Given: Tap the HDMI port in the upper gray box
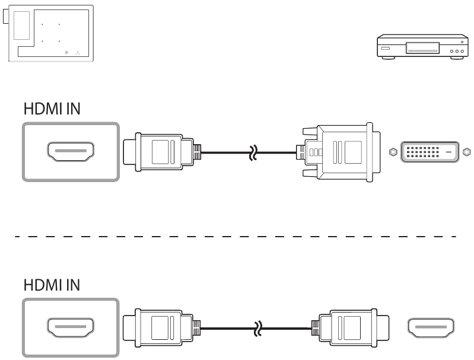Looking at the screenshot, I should (70, 151).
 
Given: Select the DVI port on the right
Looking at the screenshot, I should (429, 151).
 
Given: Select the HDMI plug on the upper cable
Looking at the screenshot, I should (159, 151).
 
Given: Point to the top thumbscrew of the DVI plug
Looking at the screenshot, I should (309, 130).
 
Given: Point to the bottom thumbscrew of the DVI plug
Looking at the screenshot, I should (309, 173).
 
